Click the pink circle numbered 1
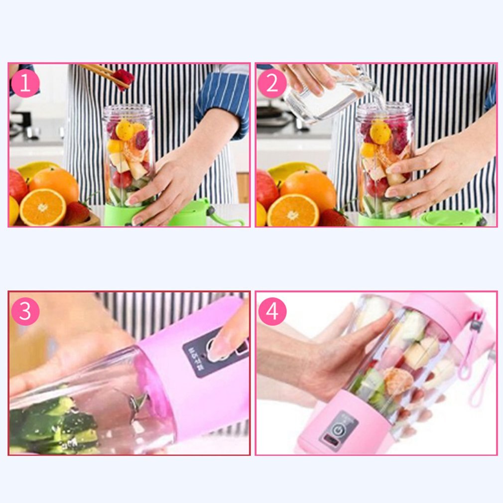point(25,82)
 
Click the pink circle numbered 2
point(272,83)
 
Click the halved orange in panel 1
point(42,208)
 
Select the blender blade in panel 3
point(137,401)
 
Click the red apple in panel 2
point(266,189)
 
